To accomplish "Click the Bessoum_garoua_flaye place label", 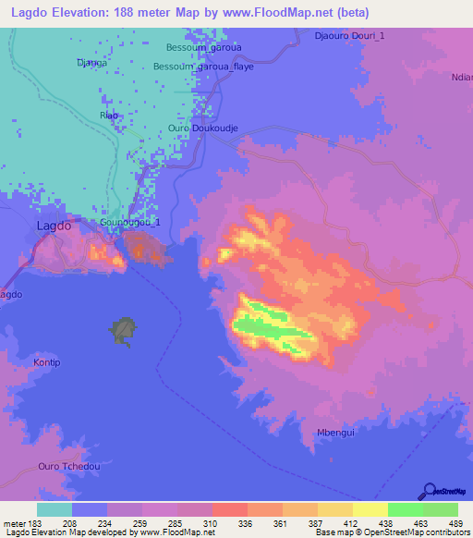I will tap(203, 67).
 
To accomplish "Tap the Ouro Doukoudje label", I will tap(203, 128).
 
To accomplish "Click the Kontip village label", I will tap(46, 362).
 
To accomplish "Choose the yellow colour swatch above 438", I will tap(370, 509).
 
